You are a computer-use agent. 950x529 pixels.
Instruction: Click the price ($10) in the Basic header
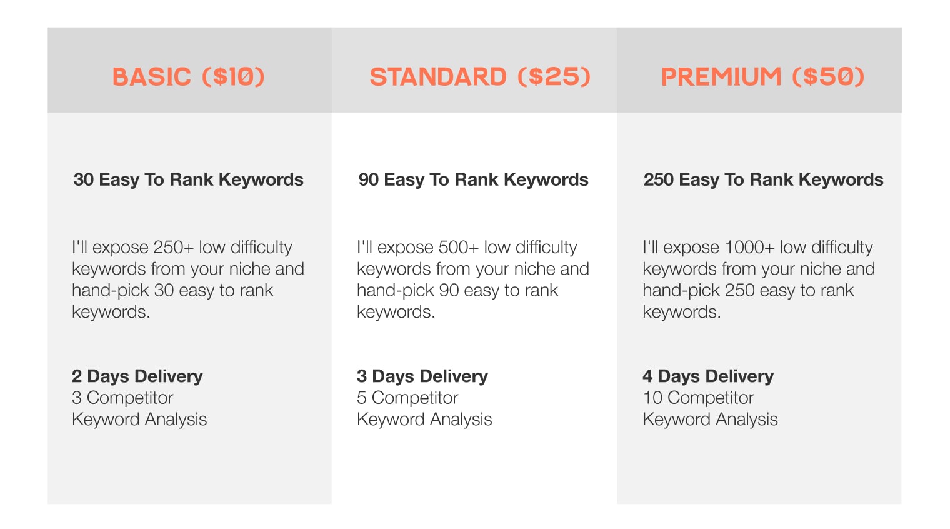pyautogui.click(x=233, y=77)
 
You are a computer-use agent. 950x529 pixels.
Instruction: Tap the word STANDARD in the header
pyautogui.click(x=438, y=77)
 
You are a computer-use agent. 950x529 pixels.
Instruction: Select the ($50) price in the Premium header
pyautogui.click(x=828, y=77)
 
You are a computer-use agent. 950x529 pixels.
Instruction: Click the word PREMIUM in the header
pyautogui.click(x=721, y=77)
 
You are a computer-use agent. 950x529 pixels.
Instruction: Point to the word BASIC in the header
pyautogui.click(x=151, y=77)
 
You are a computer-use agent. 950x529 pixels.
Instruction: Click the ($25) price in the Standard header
pyautogui.click(x=554, y=77)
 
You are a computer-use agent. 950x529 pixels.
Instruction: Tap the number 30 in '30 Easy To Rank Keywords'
pyautogui.click(x=84, y=179)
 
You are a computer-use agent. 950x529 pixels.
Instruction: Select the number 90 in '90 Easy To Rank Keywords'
pyautogui.click(x=369, y=179)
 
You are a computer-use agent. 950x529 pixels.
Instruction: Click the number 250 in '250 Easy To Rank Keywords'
pyautogui.click(x=659, y=179)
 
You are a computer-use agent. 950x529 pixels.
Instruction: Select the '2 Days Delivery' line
pyautogui.click(x=137, y=376)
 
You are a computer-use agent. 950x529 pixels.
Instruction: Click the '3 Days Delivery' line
pyautogui.click(x=422, y=376)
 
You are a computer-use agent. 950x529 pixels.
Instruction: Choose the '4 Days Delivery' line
pyautogui.click(x=708, y=376)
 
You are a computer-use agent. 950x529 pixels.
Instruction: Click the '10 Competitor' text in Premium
pyautogui.click(x=699, y=398)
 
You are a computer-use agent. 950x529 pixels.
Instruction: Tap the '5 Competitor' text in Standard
pyautogui.click(x=407, y=398)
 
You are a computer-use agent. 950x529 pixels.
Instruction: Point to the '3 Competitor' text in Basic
pyautogui.click(x=122, y=398)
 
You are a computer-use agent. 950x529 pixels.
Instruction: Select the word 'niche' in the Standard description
pyautogui.click(x=534, y=269)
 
